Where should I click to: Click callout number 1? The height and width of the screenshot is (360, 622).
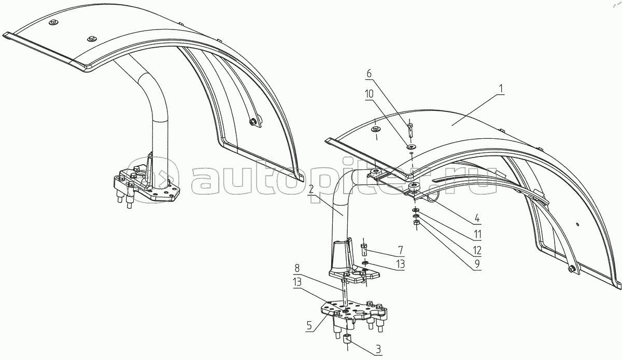(501, 90)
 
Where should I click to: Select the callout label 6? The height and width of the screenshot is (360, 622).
(369, 74)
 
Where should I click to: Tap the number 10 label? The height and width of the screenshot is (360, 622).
(369, 94)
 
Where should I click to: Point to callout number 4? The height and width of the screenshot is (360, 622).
(477, 219)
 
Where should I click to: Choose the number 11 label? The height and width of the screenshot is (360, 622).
(477, 234)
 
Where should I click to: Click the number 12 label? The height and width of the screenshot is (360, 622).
(477, 250)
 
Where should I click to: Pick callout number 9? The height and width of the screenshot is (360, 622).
(477, 264)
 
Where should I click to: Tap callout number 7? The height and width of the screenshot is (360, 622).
(400, 250)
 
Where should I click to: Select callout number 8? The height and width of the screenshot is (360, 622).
(297, 268)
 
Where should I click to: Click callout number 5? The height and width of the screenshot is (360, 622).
(309, 326)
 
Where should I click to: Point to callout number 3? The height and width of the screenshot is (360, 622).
(378, 350)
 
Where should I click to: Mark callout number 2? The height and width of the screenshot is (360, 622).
(311, 190)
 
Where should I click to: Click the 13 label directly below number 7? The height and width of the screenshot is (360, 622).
(400, 264)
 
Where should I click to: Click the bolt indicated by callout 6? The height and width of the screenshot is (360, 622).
(411, 131)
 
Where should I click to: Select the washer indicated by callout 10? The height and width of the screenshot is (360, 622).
(411, 146)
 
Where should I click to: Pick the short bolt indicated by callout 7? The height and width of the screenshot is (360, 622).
(364, 250)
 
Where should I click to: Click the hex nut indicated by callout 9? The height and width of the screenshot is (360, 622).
(416, 223)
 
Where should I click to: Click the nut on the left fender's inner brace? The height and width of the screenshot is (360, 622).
(252, 122)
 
